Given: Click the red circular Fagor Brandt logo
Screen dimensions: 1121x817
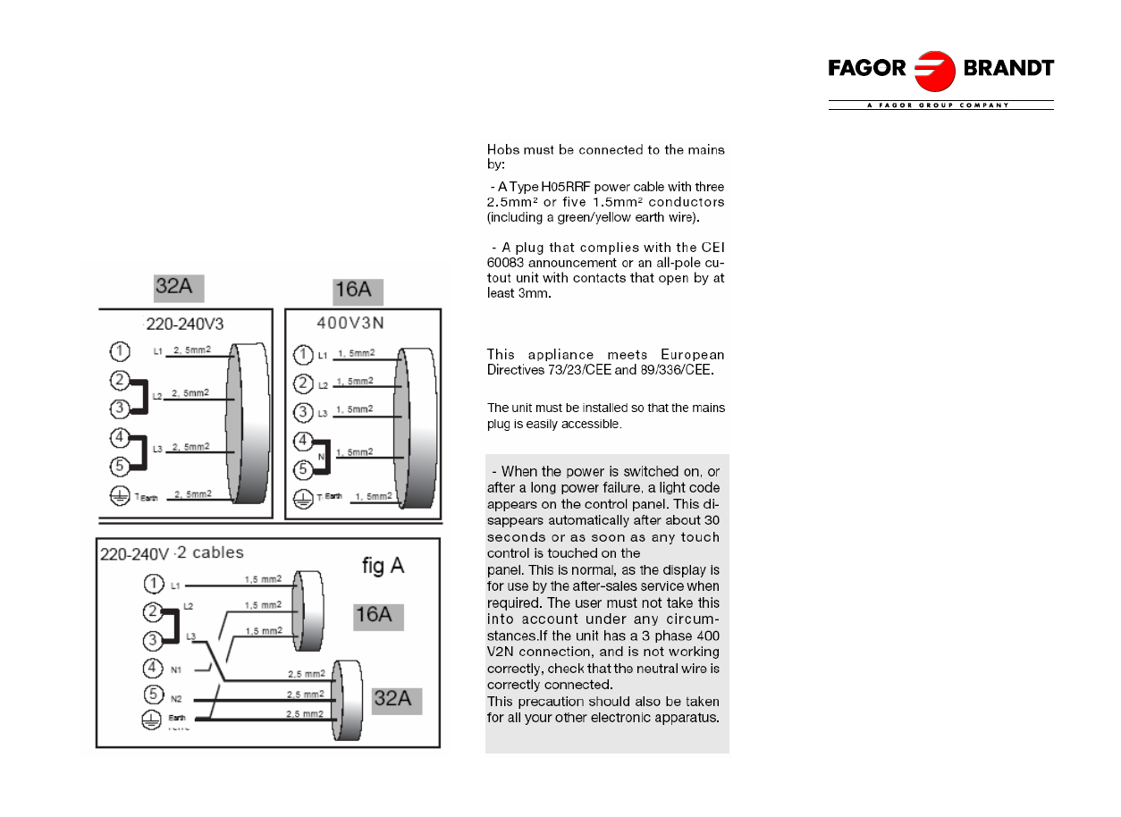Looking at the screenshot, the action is coord(934,71).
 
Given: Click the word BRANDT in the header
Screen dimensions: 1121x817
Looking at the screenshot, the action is coord(1008,68).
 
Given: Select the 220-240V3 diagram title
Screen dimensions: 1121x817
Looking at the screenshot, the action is coord(185,324).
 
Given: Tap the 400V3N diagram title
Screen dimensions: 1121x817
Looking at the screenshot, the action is coord(350,324).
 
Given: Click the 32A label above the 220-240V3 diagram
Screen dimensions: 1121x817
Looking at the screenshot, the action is coord(179,288).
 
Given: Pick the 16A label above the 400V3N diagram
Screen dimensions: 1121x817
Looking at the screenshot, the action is coord(358,291).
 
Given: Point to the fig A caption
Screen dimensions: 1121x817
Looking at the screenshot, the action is coord(383,566).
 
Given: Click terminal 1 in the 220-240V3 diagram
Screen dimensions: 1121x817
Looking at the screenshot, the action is coord(120,351).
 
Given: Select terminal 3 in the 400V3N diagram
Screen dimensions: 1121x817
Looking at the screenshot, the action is coord(303,412).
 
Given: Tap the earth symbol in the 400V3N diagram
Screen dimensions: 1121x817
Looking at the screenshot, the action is coord(303,499).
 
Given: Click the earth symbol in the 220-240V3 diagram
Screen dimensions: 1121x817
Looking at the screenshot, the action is coord(120,496).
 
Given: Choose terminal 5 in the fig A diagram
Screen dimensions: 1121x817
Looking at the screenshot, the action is coord(153,694).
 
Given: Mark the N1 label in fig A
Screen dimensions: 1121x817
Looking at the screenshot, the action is coord(175,670).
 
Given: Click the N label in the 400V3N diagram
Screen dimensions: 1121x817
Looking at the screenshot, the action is coord(321,456).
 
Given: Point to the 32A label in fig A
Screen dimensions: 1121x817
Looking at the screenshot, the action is coord(397,701).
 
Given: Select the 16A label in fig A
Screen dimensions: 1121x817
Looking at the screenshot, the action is coord(378,617).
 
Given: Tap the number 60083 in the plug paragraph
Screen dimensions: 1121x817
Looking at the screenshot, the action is coord(505,263).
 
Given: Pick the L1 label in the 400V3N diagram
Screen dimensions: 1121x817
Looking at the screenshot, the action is coord(323,356).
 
